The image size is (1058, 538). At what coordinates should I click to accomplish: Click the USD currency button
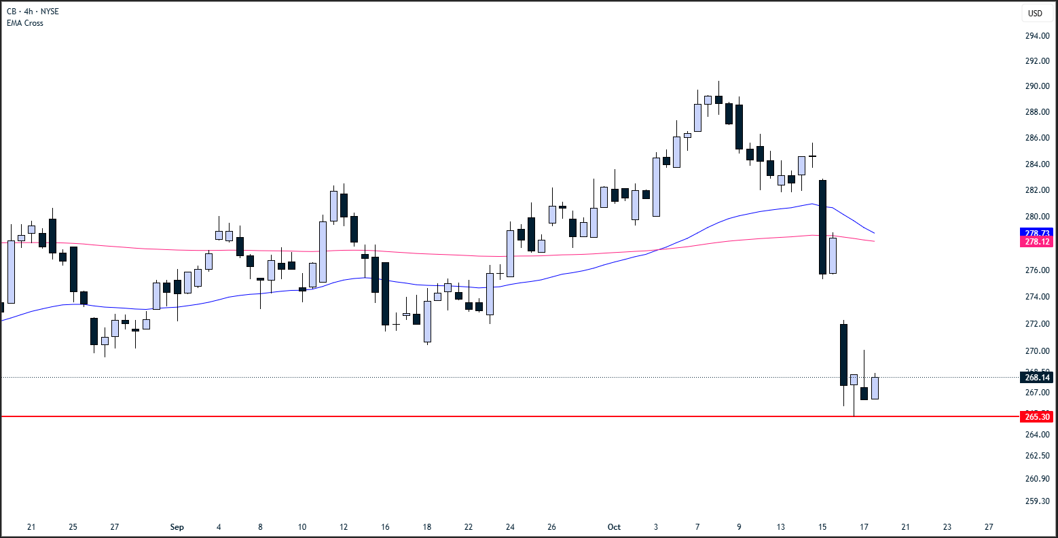coord(1035,13)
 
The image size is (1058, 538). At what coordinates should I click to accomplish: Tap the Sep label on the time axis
coord(177,527)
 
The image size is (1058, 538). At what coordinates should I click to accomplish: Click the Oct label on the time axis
coord(614,527)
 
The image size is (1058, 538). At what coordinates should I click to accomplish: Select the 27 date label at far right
coord(989,527)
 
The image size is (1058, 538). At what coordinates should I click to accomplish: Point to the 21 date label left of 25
coord(31,527)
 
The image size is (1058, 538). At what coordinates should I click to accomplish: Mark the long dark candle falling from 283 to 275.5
coord(822,227)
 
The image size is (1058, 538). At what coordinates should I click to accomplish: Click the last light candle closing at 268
coord(875,388)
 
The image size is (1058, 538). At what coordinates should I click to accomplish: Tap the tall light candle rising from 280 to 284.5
coord(656,187)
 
